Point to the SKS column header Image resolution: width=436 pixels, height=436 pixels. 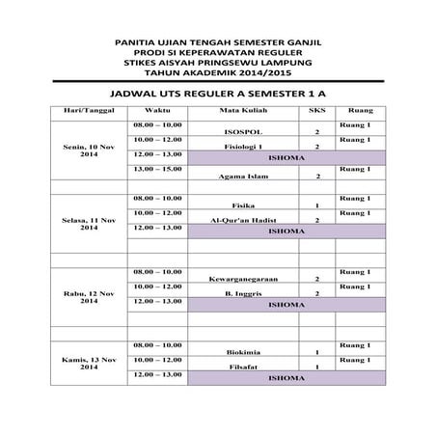coord(316,111)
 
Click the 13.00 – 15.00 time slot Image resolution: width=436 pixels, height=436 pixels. coord(157,169)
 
